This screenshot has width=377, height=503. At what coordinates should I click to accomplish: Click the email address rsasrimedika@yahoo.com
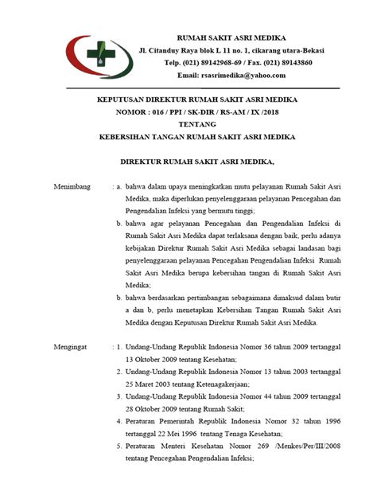[x=231, y=76]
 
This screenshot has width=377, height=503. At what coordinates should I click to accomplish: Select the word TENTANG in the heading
[x=190, y=124]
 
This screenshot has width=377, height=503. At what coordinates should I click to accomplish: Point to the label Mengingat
[x=70, y=348]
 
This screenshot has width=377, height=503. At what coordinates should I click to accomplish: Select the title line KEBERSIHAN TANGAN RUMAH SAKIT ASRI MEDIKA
[x=190, y=137]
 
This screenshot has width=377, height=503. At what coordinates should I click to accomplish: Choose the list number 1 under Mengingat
[x=119, y=348]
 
